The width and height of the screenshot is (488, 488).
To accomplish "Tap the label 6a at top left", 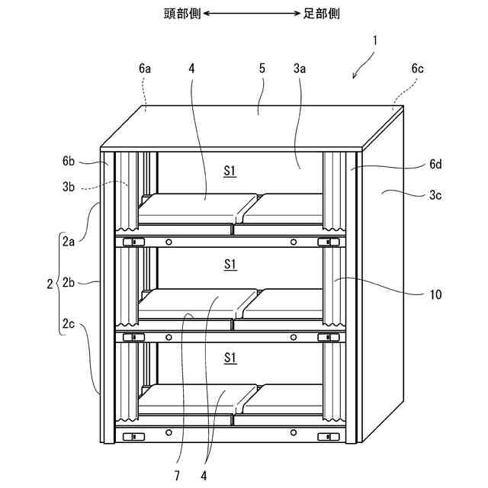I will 145,68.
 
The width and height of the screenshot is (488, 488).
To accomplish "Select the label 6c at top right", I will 417,68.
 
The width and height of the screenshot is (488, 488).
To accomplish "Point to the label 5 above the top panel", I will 262,68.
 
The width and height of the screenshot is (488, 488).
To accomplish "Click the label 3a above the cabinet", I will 300,68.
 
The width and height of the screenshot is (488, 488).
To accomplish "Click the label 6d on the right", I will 435,163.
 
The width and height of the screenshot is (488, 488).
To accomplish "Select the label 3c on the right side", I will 435,194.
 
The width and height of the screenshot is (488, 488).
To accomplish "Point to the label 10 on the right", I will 435,294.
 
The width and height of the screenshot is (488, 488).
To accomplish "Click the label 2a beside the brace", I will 69,244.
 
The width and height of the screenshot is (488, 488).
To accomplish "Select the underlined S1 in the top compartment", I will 230,171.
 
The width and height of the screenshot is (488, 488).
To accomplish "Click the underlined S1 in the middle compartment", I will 230,265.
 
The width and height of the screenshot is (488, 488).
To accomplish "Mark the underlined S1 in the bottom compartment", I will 230,357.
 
